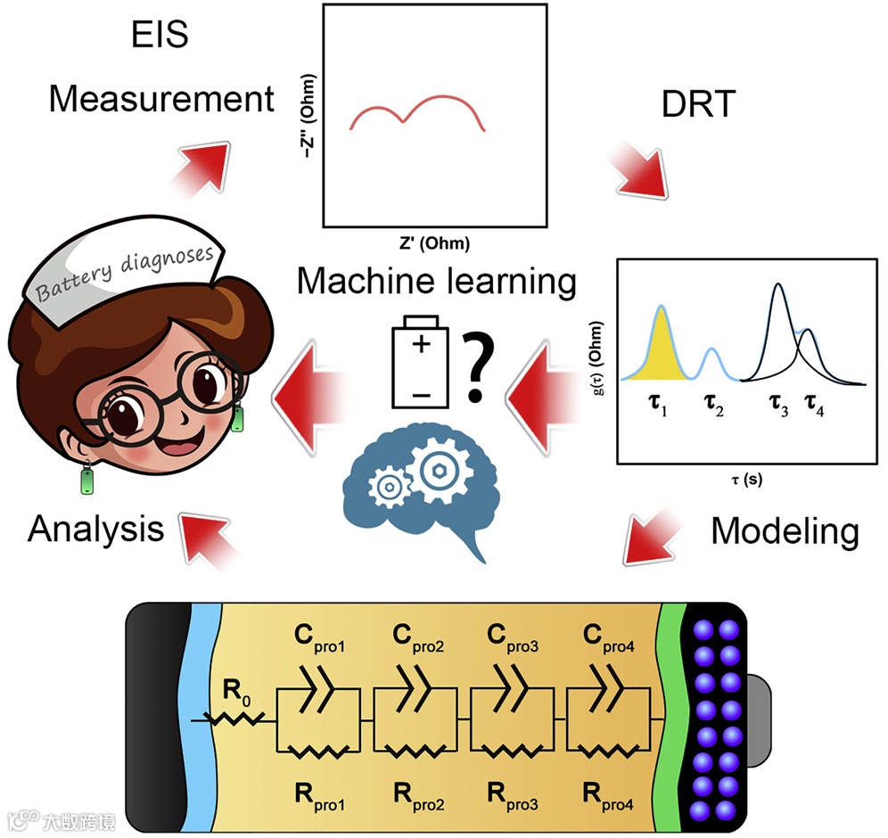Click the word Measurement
161,98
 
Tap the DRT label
700,105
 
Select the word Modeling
785,532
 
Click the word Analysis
96,530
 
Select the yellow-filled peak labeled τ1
661,348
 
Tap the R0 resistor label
234,687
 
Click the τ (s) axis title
741,479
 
